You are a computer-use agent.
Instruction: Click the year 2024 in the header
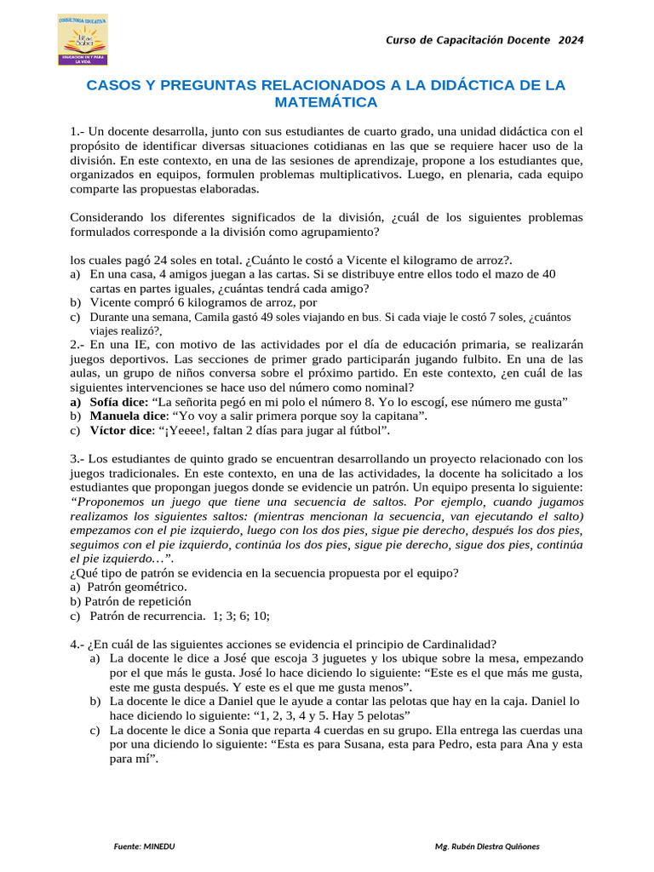[x=571, y=40]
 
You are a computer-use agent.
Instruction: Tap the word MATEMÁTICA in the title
[x=326, y=102]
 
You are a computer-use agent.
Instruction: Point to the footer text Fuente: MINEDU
[x=145, y=846]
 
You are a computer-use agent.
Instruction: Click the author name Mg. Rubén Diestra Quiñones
[x=487, y=846]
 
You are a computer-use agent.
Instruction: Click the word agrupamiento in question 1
[x=335, y=231]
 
